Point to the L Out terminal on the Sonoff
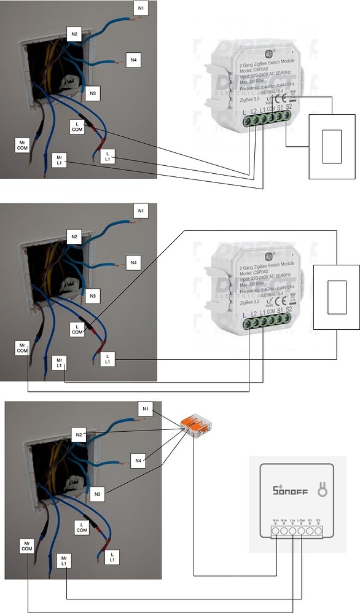(302, 530)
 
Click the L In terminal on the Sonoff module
(293, 530)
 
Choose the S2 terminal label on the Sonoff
(318, 520)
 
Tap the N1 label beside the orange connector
(146, 409)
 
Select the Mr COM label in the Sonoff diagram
(26, 546)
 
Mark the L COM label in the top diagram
(77, 126)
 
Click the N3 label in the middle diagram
(92, 296)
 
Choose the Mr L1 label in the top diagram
(60, 160)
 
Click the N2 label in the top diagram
(74, 34)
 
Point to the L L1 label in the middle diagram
(108, 359)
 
